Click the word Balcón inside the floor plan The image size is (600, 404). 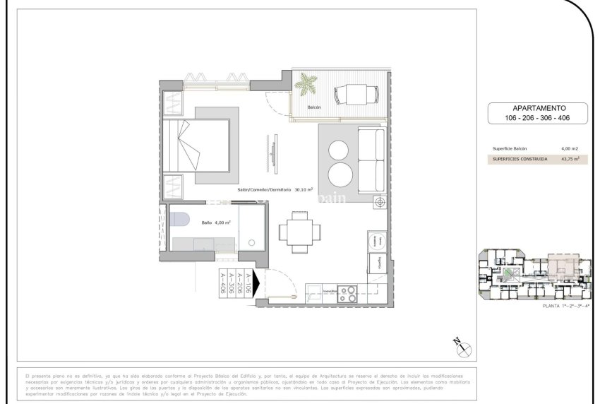point(314,107)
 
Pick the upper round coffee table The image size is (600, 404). point(339,150)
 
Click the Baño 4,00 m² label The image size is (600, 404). point(216,222)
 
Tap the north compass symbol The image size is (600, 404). point(463,346)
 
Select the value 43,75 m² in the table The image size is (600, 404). point(570,160)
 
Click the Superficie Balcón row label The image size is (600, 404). point(510,149)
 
